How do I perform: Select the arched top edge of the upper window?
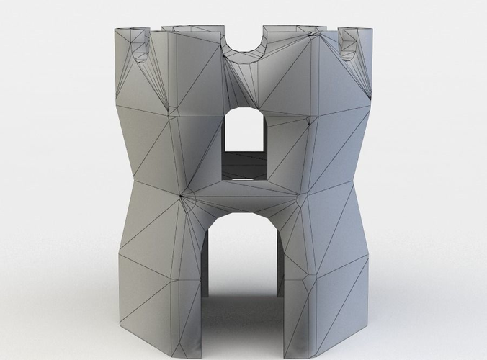click(244, 109)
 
